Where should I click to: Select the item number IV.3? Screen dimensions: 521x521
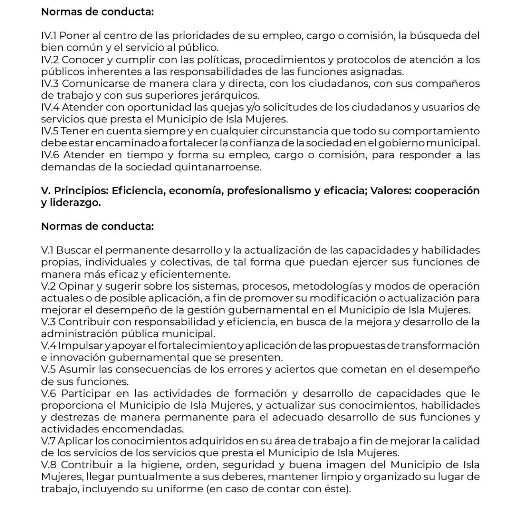(50, 83)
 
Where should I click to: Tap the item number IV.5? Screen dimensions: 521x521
(50, 131)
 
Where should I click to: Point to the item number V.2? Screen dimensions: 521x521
(49, 286)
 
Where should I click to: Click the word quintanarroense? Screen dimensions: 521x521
(218, 167)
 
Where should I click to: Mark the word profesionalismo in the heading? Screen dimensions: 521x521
(270, 191)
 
